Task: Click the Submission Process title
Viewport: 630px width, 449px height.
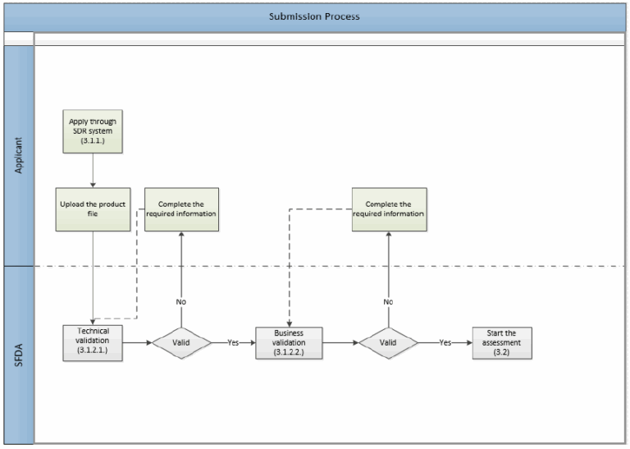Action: tap(314, 16)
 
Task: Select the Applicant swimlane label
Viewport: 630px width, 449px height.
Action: tap(17, 157)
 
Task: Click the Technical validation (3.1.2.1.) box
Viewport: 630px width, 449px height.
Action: tap(94, 341)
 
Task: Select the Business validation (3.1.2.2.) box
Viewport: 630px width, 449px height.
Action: tap(288, 341)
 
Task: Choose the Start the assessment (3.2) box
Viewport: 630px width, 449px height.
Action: tap(501, 341)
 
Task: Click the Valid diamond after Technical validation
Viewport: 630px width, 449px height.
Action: tap(181, 341)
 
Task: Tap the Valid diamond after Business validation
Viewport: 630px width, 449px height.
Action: tap(388, 341)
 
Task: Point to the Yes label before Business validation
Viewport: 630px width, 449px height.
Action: tap(234, 341)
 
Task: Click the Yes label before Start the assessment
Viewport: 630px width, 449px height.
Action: tap(445, 341)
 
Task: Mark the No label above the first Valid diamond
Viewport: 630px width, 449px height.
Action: tap(181, 301)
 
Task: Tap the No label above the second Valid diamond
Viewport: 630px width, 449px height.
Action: tap(388, 301)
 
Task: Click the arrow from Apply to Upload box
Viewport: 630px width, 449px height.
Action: tap(94, 171)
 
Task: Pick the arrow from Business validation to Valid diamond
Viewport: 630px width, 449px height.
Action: tap(340, 341)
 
